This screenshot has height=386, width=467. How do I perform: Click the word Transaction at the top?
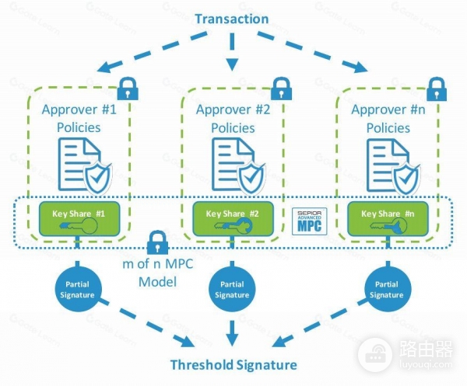point(231,19)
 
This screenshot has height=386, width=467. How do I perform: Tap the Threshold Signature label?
point(234,364)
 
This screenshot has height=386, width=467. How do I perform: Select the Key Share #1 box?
point(78,220)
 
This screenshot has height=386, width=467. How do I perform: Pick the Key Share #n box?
point(386,220)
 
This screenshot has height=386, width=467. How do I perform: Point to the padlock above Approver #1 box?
point(128,88)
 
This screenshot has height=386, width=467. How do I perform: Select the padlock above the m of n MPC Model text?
point(159,240)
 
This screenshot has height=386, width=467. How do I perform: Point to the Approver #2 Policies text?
point(232,117)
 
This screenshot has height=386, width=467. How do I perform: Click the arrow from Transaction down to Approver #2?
point(231,54)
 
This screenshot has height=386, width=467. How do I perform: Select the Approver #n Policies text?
point(386,117)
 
